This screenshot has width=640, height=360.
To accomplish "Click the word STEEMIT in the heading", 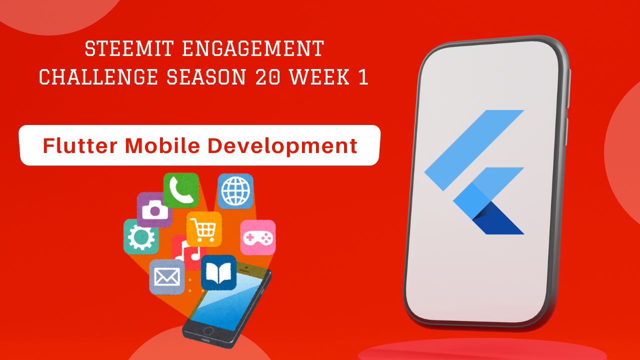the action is pos(129,48).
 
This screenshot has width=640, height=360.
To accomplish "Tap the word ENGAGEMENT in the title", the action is pos(253,48).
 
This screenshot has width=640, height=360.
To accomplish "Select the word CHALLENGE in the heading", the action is pos(98,77).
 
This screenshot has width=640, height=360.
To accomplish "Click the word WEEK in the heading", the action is pos(319,77).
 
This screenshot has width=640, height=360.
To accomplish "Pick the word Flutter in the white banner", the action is pos(80,145).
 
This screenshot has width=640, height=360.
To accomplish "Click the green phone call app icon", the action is pos(181,190).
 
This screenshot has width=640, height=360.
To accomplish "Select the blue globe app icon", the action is pos(235,191).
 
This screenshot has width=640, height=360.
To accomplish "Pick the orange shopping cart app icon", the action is pos(204,229).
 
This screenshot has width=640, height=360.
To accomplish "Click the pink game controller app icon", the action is pos(258,237).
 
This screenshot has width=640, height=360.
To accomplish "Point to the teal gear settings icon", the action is pos(140,237).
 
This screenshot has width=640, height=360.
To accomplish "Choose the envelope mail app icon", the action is pos(167,277).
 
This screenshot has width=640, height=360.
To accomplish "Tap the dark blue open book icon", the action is pos(218,272).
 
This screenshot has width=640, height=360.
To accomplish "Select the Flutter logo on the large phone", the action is pos(474,172).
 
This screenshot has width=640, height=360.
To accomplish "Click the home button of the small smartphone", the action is pos(208,331).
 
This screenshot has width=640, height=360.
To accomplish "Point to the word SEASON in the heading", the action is pos(206,77).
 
